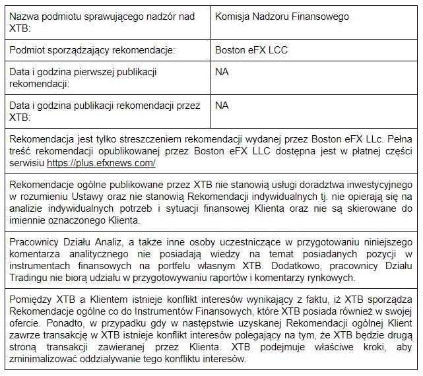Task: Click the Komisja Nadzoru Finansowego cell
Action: [x=282, y=16]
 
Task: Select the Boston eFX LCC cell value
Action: [x=251, y=50]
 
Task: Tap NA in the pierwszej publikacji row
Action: [x=222, y=72]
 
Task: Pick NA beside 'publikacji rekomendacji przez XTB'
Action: [x=222, y=106]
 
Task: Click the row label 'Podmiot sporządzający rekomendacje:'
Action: [x=92, y=50]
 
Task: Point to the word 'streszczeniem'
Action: [x=143, y=139]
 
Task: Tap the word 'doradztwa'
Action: [x=299, y=185]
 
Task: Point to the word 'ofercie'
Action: [x=26, y=323]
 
